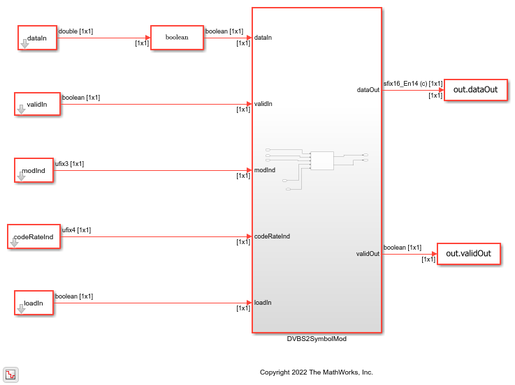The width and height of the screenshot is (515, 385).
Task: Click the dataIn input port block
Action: tap(37, 38)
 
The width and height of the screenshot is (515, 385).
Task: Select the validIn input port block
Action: tap(37, 104)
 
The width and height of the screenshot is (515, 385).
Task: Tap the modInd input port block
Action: tap(34, 170)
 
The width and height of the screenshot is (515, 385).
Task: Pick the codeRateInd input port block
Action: tap(34, 236)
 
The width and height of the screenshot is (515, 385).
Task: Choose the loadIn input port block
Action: tap(34, 303)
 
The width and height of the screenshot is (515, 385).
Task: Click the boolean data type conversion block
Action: tap(177, 38)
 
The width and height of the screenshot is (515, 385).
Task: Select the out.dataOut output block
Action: tap(475, 89)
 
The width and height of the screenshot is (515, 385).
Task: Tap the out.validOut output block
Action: tap(469, 254)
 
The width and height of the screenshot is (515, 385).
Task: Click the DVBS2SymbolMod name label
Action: tap(317, 339)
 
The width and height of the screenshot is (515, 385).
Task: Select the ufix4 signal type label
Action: tap(76, 229)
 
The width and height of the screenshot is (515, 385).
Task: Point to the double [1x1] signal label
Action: tap(78, 31)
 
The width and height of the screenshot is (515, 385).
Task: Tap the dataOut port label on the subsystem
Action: tap(368, 89)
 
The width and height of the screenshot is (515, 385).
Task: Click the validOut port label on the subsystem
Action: tap(368, 254)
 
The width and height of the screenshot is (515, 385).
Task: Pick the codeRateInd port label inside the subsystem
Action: tap(273, 236)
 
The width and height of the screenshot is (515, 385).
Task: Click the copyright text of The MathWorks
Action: tap(316, 372)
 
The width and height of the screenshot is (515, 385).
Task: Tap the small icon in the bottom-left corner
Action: tap(11, 374)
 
